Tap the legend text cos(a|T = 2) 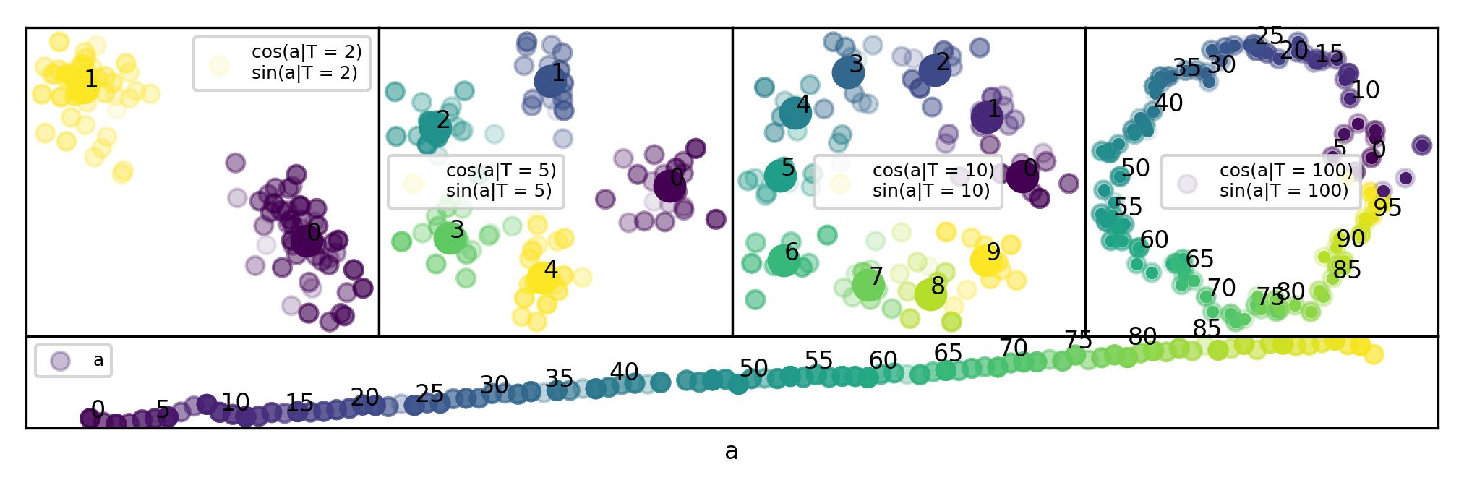(x=307, y=52)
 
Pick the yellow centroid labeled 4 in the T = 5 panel (x=542, y=277)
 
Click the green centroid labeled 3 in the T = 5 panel (x=450, y=237)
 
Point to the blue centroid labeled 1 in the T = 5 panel (x=549, y=80)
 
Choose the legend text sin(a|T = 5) (x=499, y=191)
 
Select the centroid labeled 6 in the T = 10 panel (x=784, y=260)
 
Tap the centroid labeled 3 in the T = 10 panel (x=848, y=72)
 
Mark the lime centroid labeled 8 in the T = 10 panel (x=930, y=294)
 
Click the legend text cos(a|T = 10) (x=933, y=171)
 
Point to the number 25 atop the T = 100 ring (x=1269, y=36)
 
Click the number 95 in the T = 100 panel (x=1387, y=208)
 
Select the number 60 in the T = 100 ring (x=1154, y=239)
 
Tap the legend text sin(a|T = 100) (x=1284, y=191)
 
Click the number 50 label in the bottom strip (x=753, y=369)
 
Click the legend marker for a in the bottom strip (x=60, y=361)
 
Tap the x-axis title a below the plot (x=732, y=452)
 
